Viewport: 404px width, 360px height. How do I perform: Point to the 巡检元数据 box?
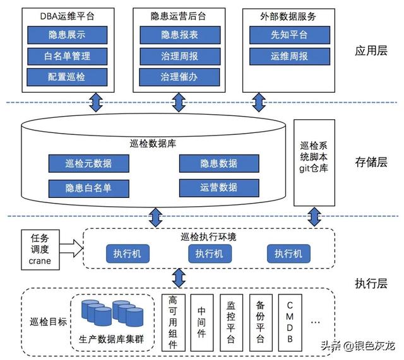(88, 163)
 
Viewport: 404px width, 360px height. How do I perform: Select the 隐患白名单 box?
(88, 187)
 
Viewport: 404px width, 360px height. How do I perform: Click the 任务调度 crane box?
(40, 249)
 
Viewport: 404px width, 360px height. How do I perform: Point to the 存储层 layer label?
(371, 162)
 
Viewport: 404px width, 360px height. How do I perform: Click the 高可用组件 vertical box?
(174, 322)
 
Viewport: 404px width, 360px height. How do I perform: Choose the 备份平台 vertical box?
(261, 322)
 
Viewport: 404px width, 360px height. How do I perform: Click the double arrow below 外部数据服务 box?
(258, 102)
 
